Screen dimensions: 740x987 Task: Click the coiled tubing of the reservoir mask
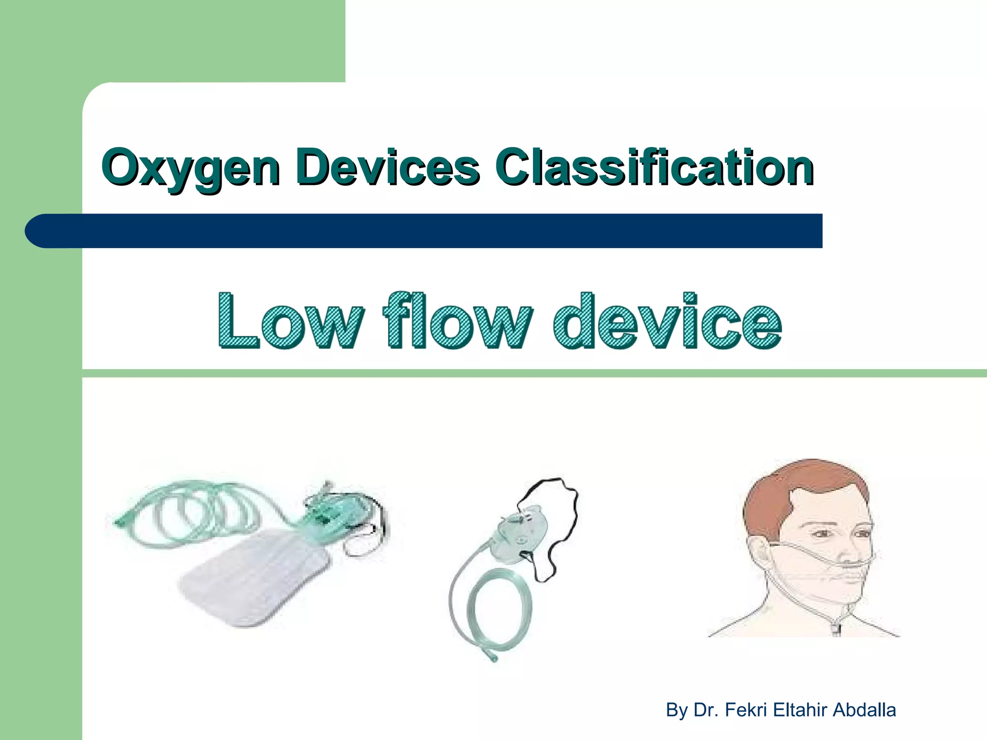pyautogui.click(x=193, y=515)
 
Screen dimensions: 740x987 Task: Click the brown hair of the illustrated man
pyautogui.click(x=790, y=487)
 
